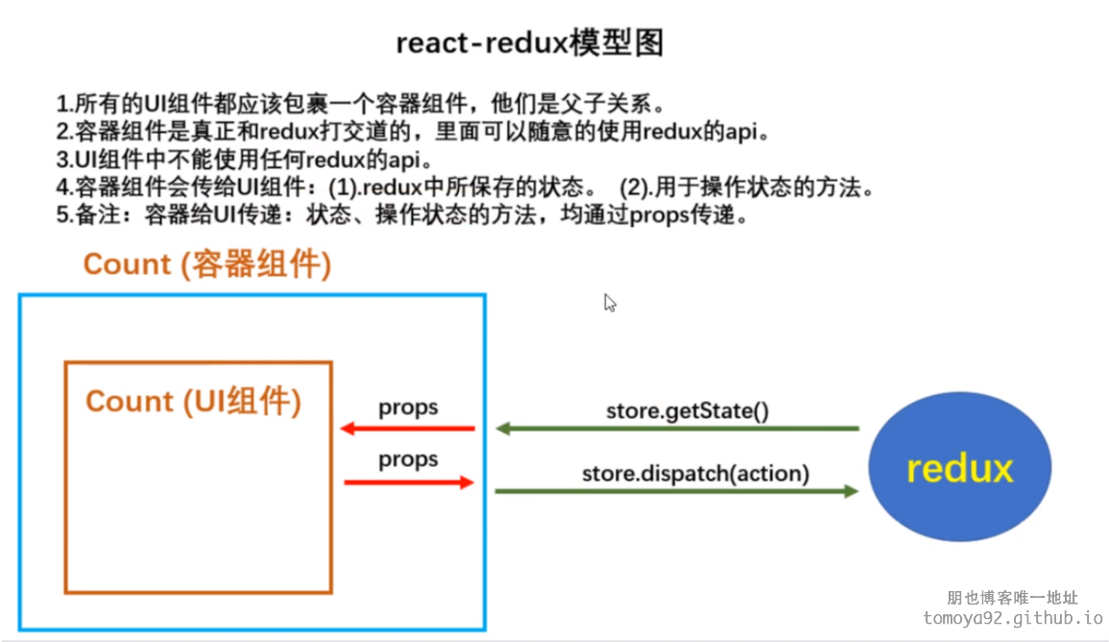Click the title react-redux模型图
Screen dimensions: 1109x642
click(530, 43)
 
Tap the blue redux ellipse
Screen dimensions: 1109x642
click(960, 466)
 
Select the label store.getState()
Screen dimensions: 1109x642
click(687, 411)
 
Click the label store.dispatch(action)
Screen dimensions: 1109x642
click(695, 474)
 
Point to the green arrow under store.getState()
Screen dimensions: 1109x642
click(678, 429)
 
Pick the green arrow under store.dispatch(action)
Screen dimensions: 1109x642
click(677, 490)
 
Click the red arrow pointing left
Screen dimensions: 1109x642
click(407, 429)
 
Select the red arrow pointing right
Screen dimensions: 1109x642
click(409, 482)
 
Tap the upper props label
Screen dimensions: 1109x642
click(408, 407)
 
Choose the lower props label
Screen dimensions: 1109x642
click(408, 459)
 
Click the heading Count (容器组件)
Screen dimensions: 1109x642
click(207, 264)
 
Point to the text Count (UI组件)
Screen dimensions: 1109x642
click(194, 402)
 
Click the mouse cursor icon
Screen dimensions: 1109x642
click(610, 303)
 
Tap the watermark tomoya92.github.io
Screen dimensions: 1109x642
click(1012, 618)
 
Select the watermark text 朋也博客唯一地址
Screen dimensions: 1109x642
click(1012, 598)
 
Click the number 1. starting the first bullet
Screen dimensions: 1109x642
click(65, 105)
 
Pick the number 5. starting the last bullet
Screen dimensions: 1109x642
click(65, 215)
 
